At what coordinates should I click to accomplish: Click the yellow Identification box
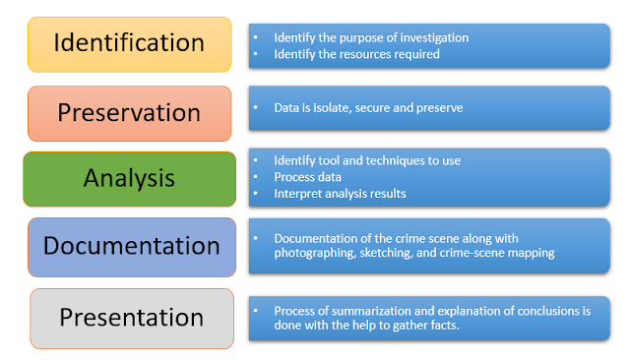[129, 44]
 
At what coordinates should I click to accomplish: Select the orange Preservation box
[129, 113]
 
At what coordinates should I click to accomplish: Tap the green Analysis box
[129, 178]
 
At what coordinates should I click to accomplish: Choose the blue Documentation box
[129, 246]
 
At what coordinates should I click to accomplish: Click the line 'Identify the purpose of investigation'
[371, 38]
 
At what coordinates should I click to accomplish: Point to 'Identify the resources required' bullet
[356, 55]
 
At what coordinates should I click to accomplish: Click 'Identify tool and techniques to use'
[367, 160]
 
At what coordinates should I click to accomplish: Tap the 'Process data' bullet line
[309, 177]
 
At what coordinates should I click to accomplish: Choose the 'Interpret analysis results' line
[340, 194]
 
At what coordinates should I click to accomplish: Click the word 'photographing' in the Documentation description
[314, 254]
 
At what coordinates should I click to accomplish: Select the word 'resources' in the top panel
[370, 55]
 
